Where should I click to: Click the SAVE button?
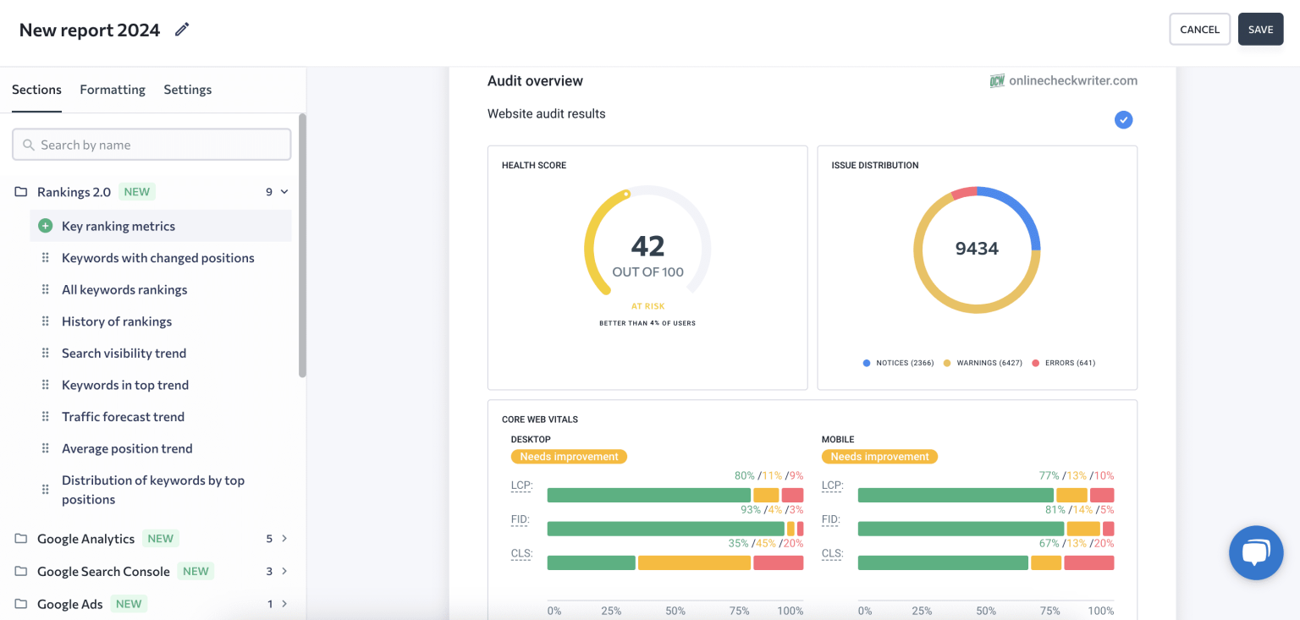tap(1260, 30)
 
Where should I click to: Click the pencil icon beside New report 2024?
tap(182, 30)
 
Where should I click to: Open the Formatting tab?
tap(113, 90)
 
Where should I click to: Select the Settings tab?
tap(187, 90)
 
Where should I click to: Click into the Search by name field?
tap(152, 145)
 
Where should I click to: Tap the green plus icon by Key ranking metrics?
tap(46, 226)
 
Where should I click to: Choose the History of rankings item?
tap(117, 321)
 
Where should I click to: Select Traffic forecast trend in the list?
tap(123, 417)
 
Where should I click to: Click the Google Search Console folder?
tap(103, 572)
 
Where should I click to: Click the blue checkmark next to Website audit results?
tap(1123, 120)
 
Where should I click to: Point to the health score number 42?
tap(647, 246)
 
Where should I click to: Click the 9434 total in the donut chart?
tap(977, 249)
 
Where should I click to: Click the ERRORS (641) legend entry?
tap(1065, 363)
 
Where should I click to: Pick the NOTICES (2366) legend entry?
tap(899, 363)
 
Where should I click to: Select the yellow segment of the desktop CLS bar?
tap(694, 562)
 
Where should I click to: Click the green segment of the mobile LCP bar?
tap(956, 495)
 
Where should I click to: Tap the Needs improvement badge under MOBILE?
tap(879, 457)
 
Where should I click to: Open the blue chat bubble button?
tap(1256, 552)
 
